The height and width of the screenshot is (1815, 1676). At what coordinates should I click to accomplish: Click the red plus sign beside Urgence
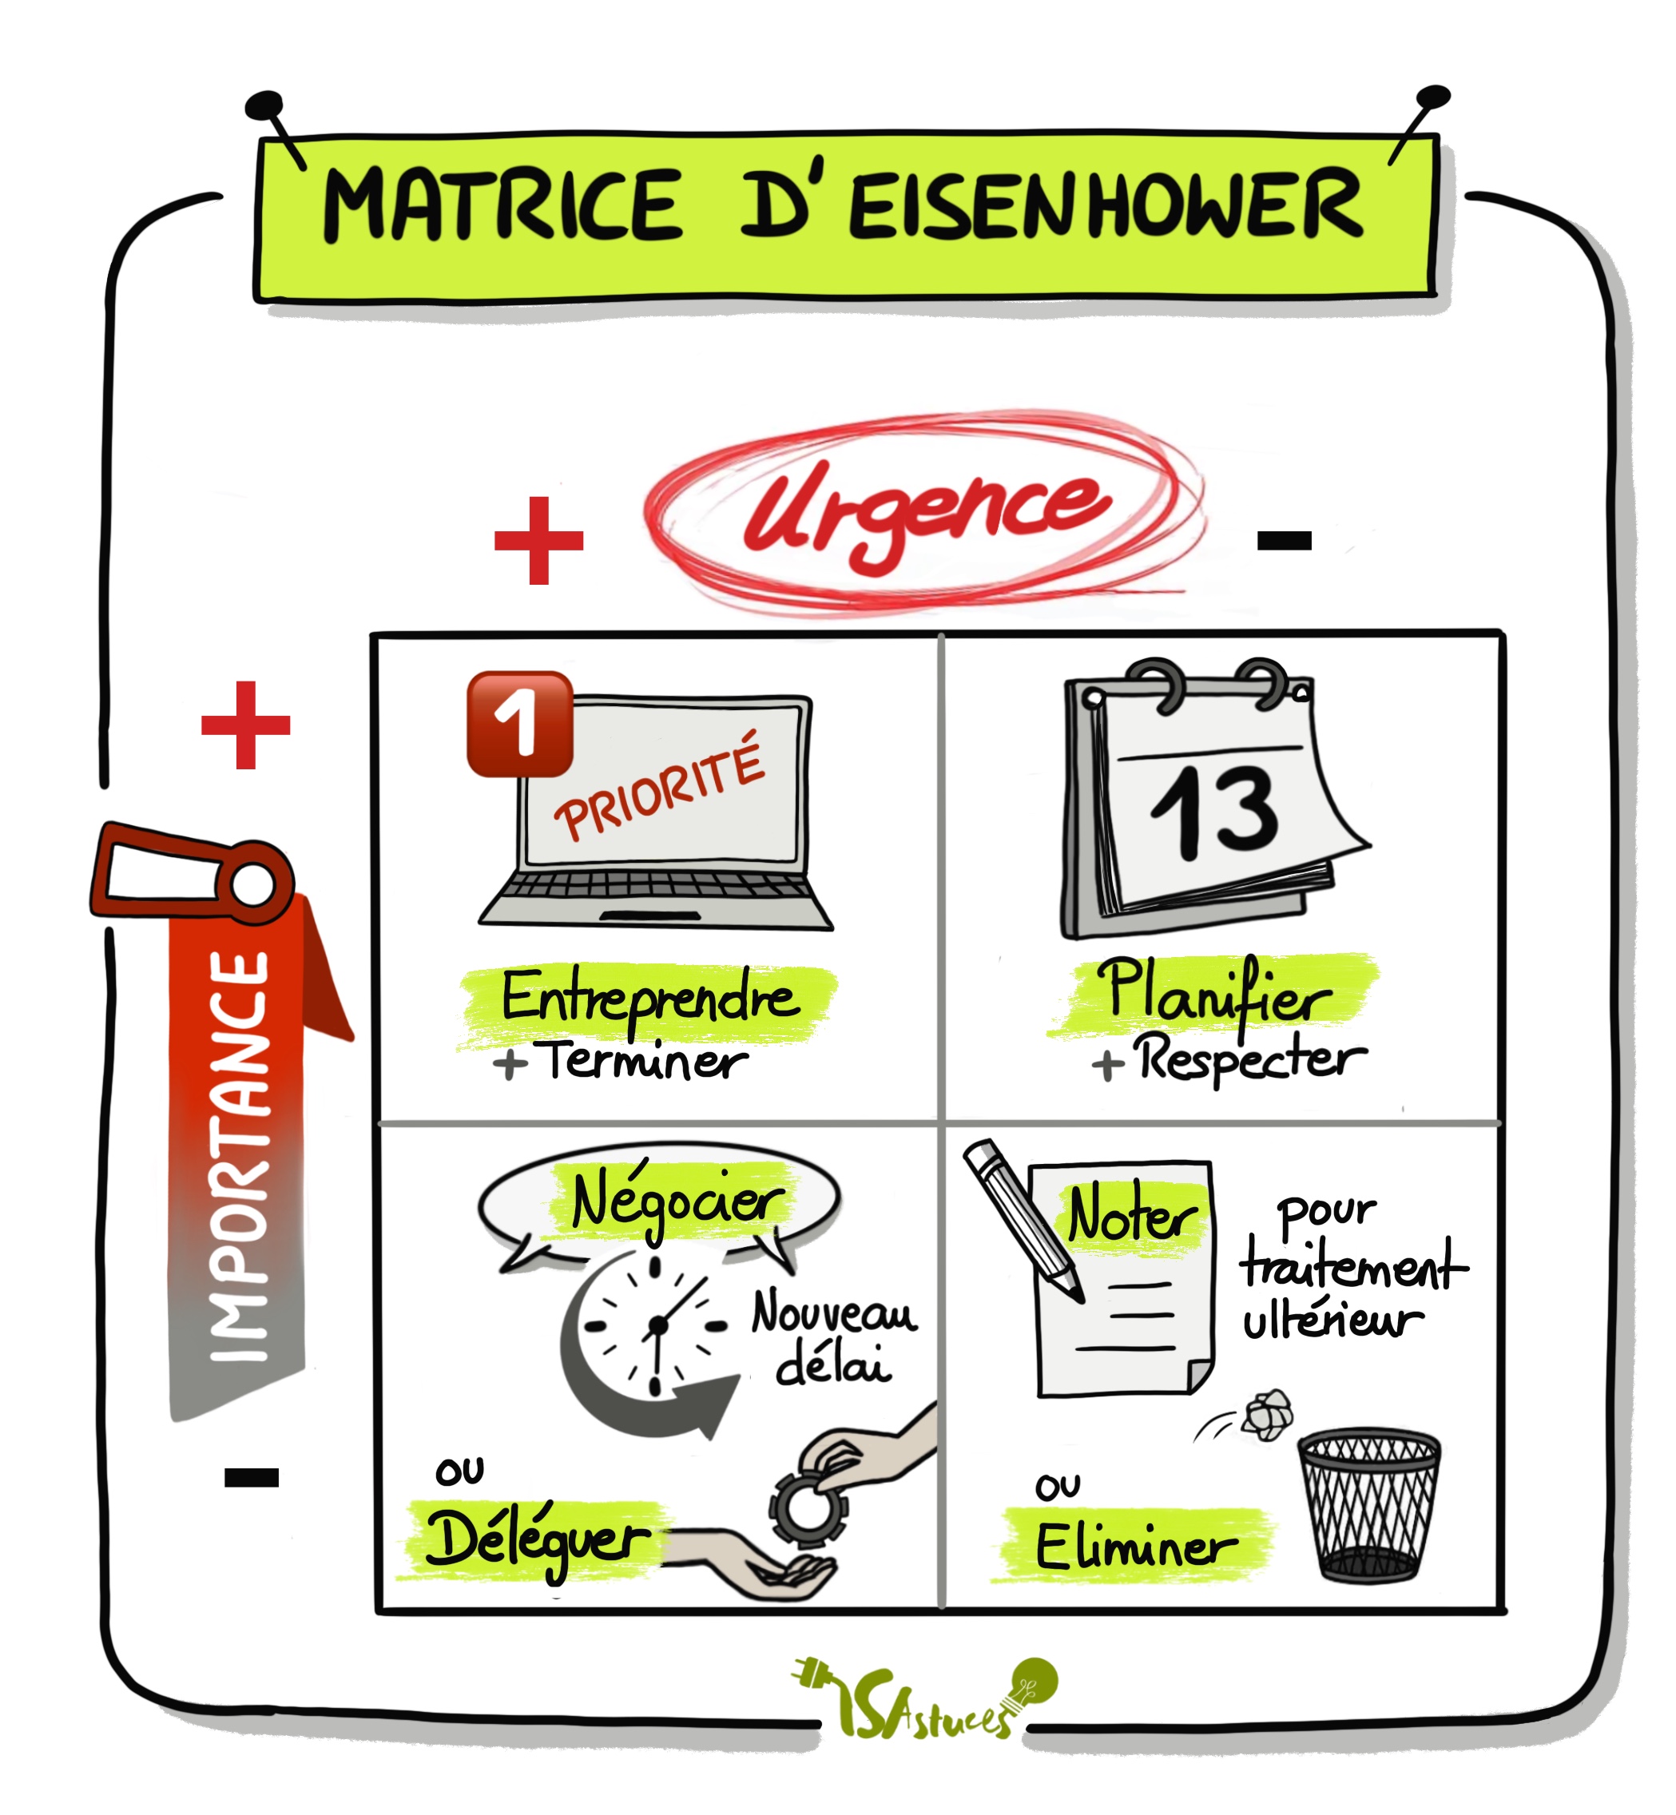[538, 541]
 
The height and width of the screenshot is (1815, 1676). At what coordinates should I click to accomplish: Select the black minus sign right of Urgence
[1285, 542]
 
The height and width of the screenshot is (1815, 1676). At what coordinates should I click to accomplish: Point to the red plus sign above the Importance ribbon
[246, 725]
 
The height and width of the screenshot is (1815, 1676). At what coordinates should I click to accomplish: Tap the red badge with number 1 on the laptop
[520, 724]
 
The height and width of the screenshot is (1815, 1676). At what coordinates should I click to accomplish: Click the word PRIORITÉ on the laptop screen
[659, 788]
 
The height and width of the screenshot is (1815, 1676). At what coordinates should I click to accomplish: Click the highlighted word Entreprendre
[649, 998]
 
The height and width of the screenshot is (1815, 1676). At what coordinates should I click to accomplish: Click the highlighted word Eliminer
[1135, 1547]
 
